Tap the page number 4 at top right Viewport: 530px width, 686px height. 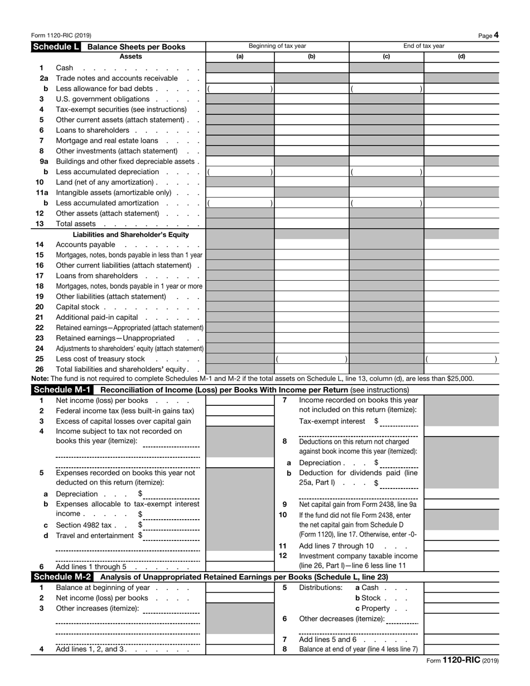click(x=496, y=35)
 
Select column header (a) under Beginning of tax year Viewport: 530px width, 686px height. click(x=240, y=56)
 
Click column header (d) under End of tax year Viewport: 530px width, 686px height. click(x=461, y=56)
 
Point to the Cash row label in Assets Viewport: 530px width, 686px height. click(x=65, y=68)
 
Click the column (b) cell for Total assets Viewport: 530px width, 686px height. click(x=311, y=224)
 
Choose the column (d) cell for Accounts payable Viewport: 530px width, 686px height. click(x=461, y=245)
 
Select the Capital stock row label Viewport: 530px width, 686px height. click(x=78, y=307)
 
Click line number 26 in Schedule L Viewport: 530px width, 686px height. click(x=40, y=369)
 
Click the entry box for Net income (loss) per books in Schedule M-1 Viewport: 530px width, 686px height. click(x=240, y=400)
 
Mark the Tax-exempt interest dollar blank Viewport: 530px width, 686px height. click(x=399, y=421)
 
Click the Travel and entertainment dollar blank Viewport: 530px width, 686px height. click(x=171, y=536)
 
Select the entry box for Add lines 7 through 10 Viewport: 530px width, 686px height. click(x=461, y=546)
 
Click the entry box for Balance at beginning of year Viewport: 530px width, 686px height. click(x=240, y=588)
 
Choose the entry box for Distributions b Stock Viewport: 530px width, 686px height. click(x=461, y=598)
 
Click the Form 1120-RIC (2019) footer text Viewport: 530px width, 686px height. click(x=462, y=660)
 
